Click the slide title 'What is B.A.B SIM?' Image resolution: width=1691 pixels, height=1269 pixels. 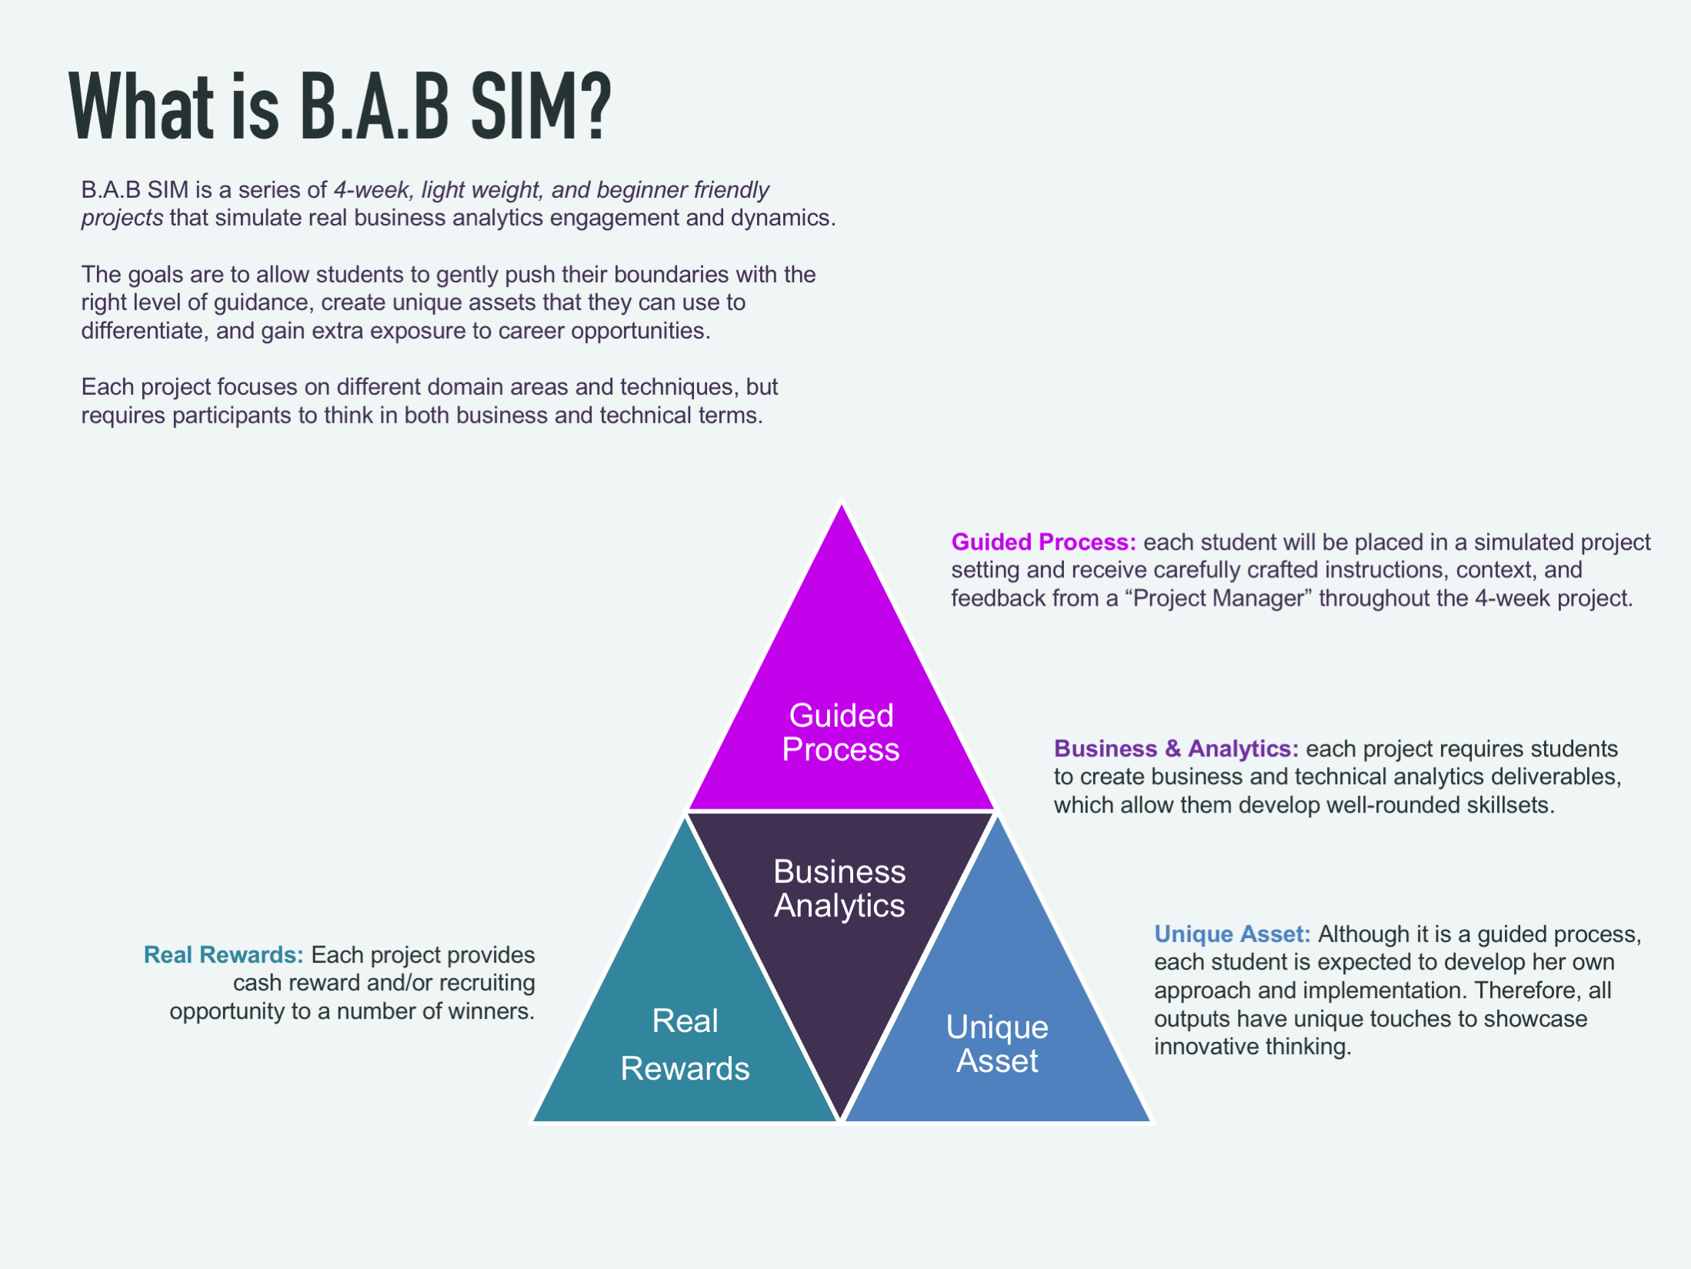tap(339, 106)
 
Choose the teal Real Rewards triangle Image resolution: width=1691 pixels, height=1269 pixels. tap(685, 1062)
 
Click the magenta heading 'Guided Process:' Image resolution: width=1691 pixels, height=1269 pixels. tap(1043, 542)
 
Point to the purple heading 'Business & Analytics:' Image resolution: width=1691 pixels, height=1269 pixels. tap(1176, 748)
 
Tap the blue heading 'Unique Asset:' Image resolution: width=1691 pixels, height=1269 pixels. tap(1232, 933)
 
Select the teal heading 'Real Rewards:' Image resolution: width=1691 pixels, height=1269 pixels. tap(223, 954)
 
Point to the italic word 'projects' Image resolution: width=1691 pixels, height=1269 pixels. tap(122, 218)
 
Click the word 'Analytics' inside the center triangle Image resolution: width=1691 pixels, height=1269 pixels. tap(839, 906)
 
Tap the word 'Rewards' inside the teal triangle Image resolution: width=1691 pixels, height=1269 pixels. tap(685, 1068)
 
